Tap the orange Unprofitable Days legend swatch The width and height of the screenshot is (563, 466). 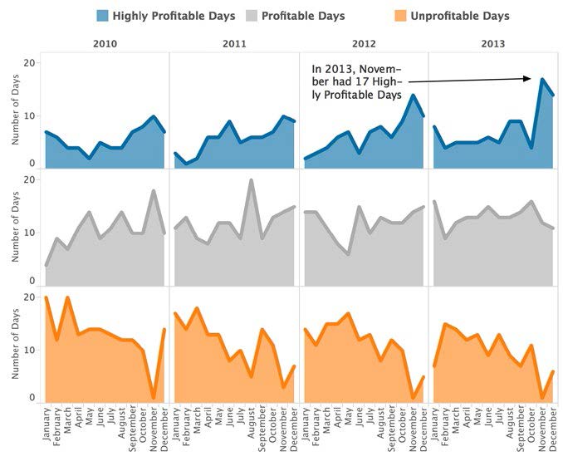pos(399,16)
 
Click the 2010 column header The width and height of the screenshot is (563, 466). pos(104,42)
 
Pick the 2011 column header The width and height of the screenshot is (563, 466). pos(234,42)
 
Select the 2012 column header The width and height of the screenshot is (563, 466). pos(364,42)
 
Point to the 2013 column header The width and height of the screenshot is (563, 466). pos(493,42)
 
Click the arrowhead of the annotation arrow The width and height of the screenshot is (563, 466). pos(529,79)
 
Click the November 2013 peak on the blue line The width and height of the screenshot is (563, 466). pos(541,80)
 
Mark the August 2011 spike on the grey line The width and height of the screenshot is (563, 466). pos(251,180)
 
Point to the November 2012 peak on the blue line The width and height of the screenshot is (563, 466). pos(413,96)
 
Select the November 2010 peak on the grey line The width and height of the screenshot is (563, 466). pos(153,191)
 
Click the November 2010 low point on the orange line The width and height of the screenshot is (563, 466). pos(153,397)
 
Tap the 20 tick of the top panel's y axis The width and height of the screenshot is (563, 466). pos(30,63)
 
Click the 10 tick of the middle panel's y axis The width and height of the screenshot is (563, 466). pos(30,232)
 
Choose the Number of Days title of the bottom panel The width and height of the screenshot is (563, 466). pos(16,347)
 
